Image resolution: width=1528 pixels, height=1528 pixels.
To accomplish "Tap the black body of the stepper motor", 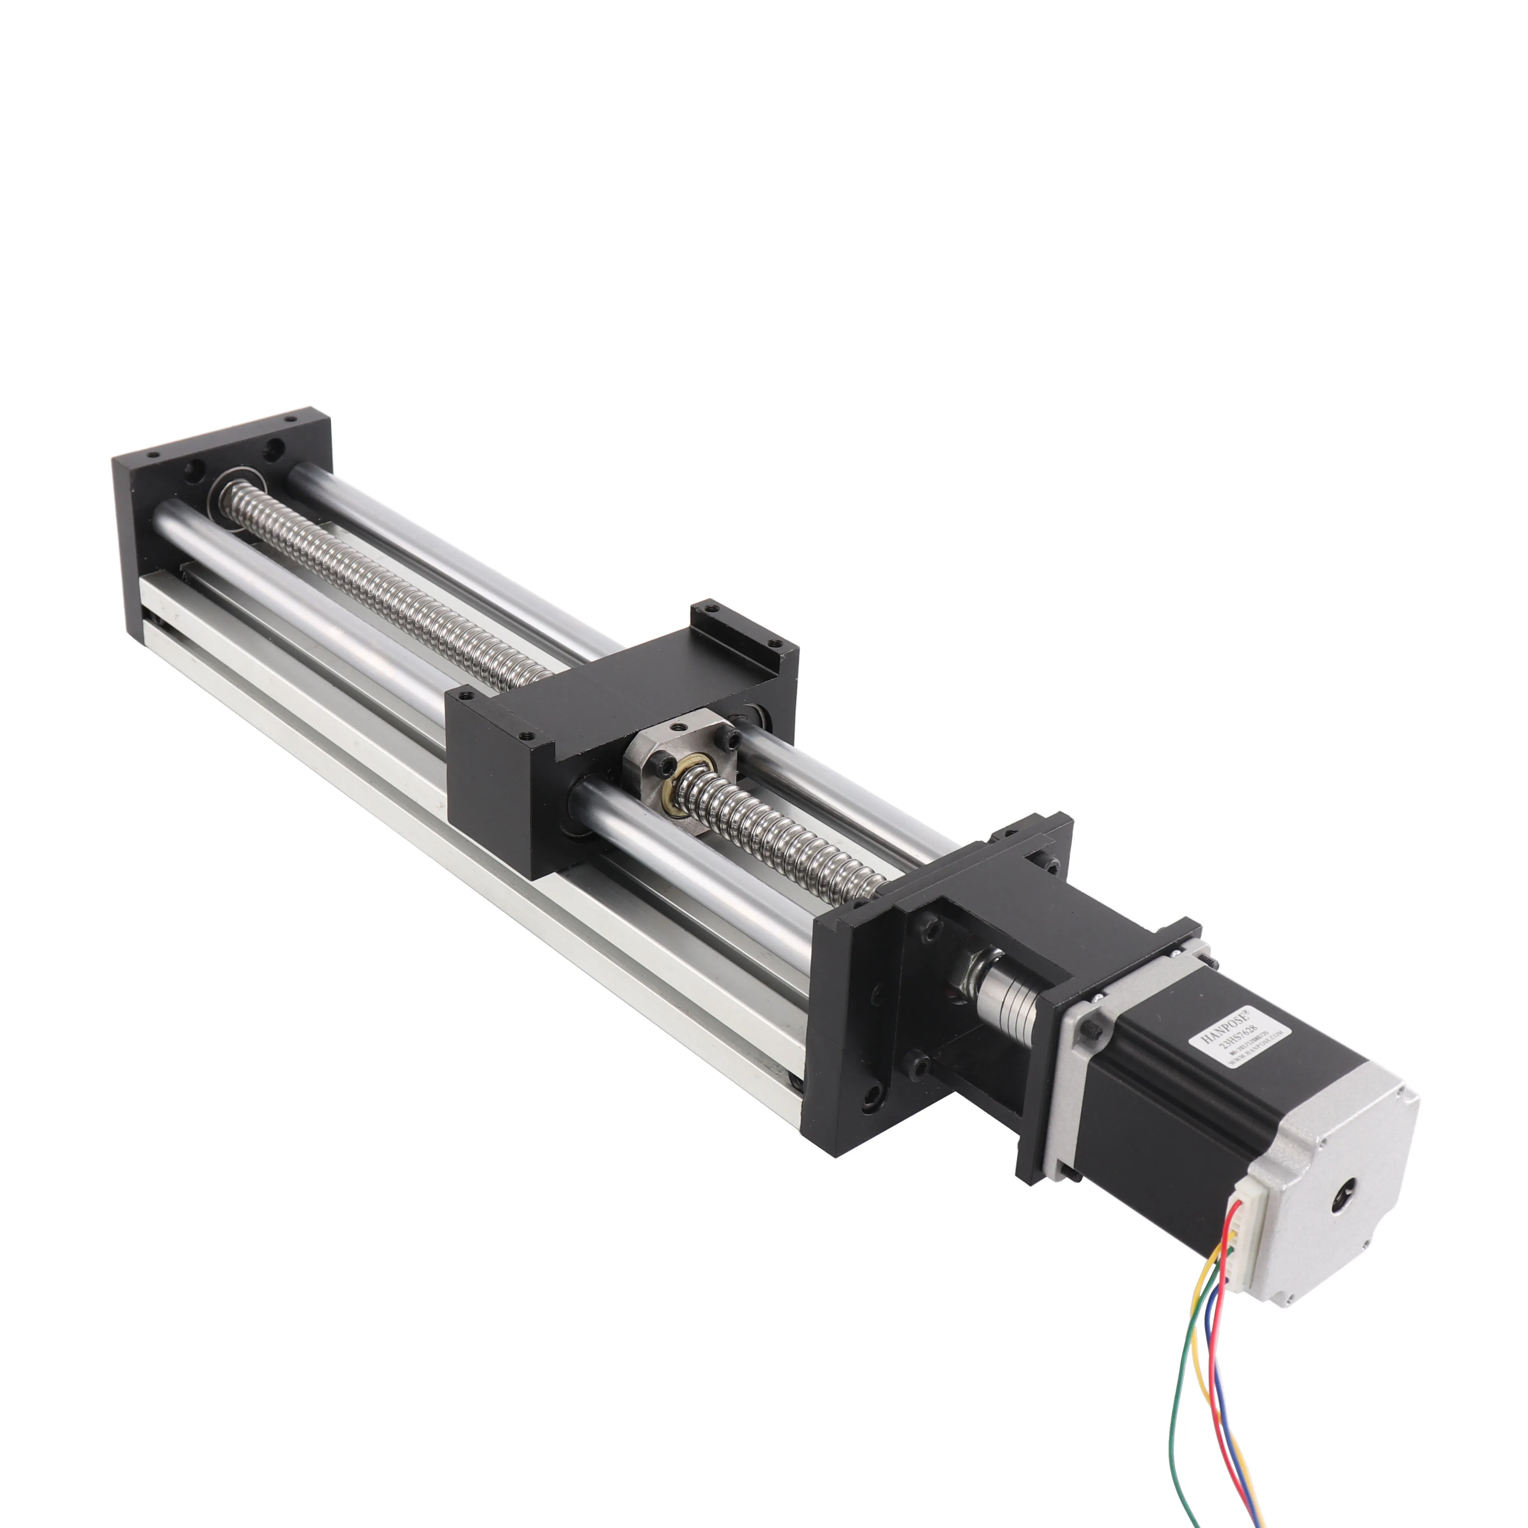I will pyautogui.click(x=1162, y=1107).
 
